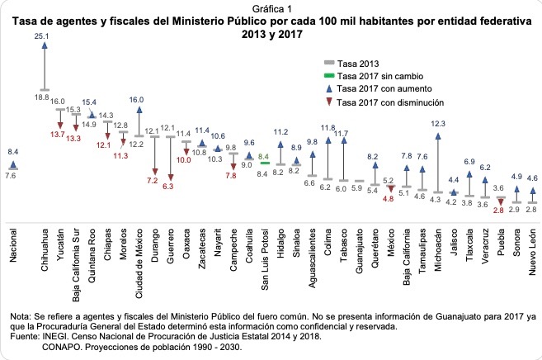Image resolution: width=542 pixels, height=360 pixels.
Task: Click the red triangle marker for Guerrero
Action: point(171,175)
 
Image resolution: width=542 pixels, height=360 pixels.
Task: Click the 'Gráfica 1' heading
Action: point(271,7)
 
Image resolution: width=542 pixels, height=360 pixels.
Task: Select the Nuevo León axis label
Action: point(535,240)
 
